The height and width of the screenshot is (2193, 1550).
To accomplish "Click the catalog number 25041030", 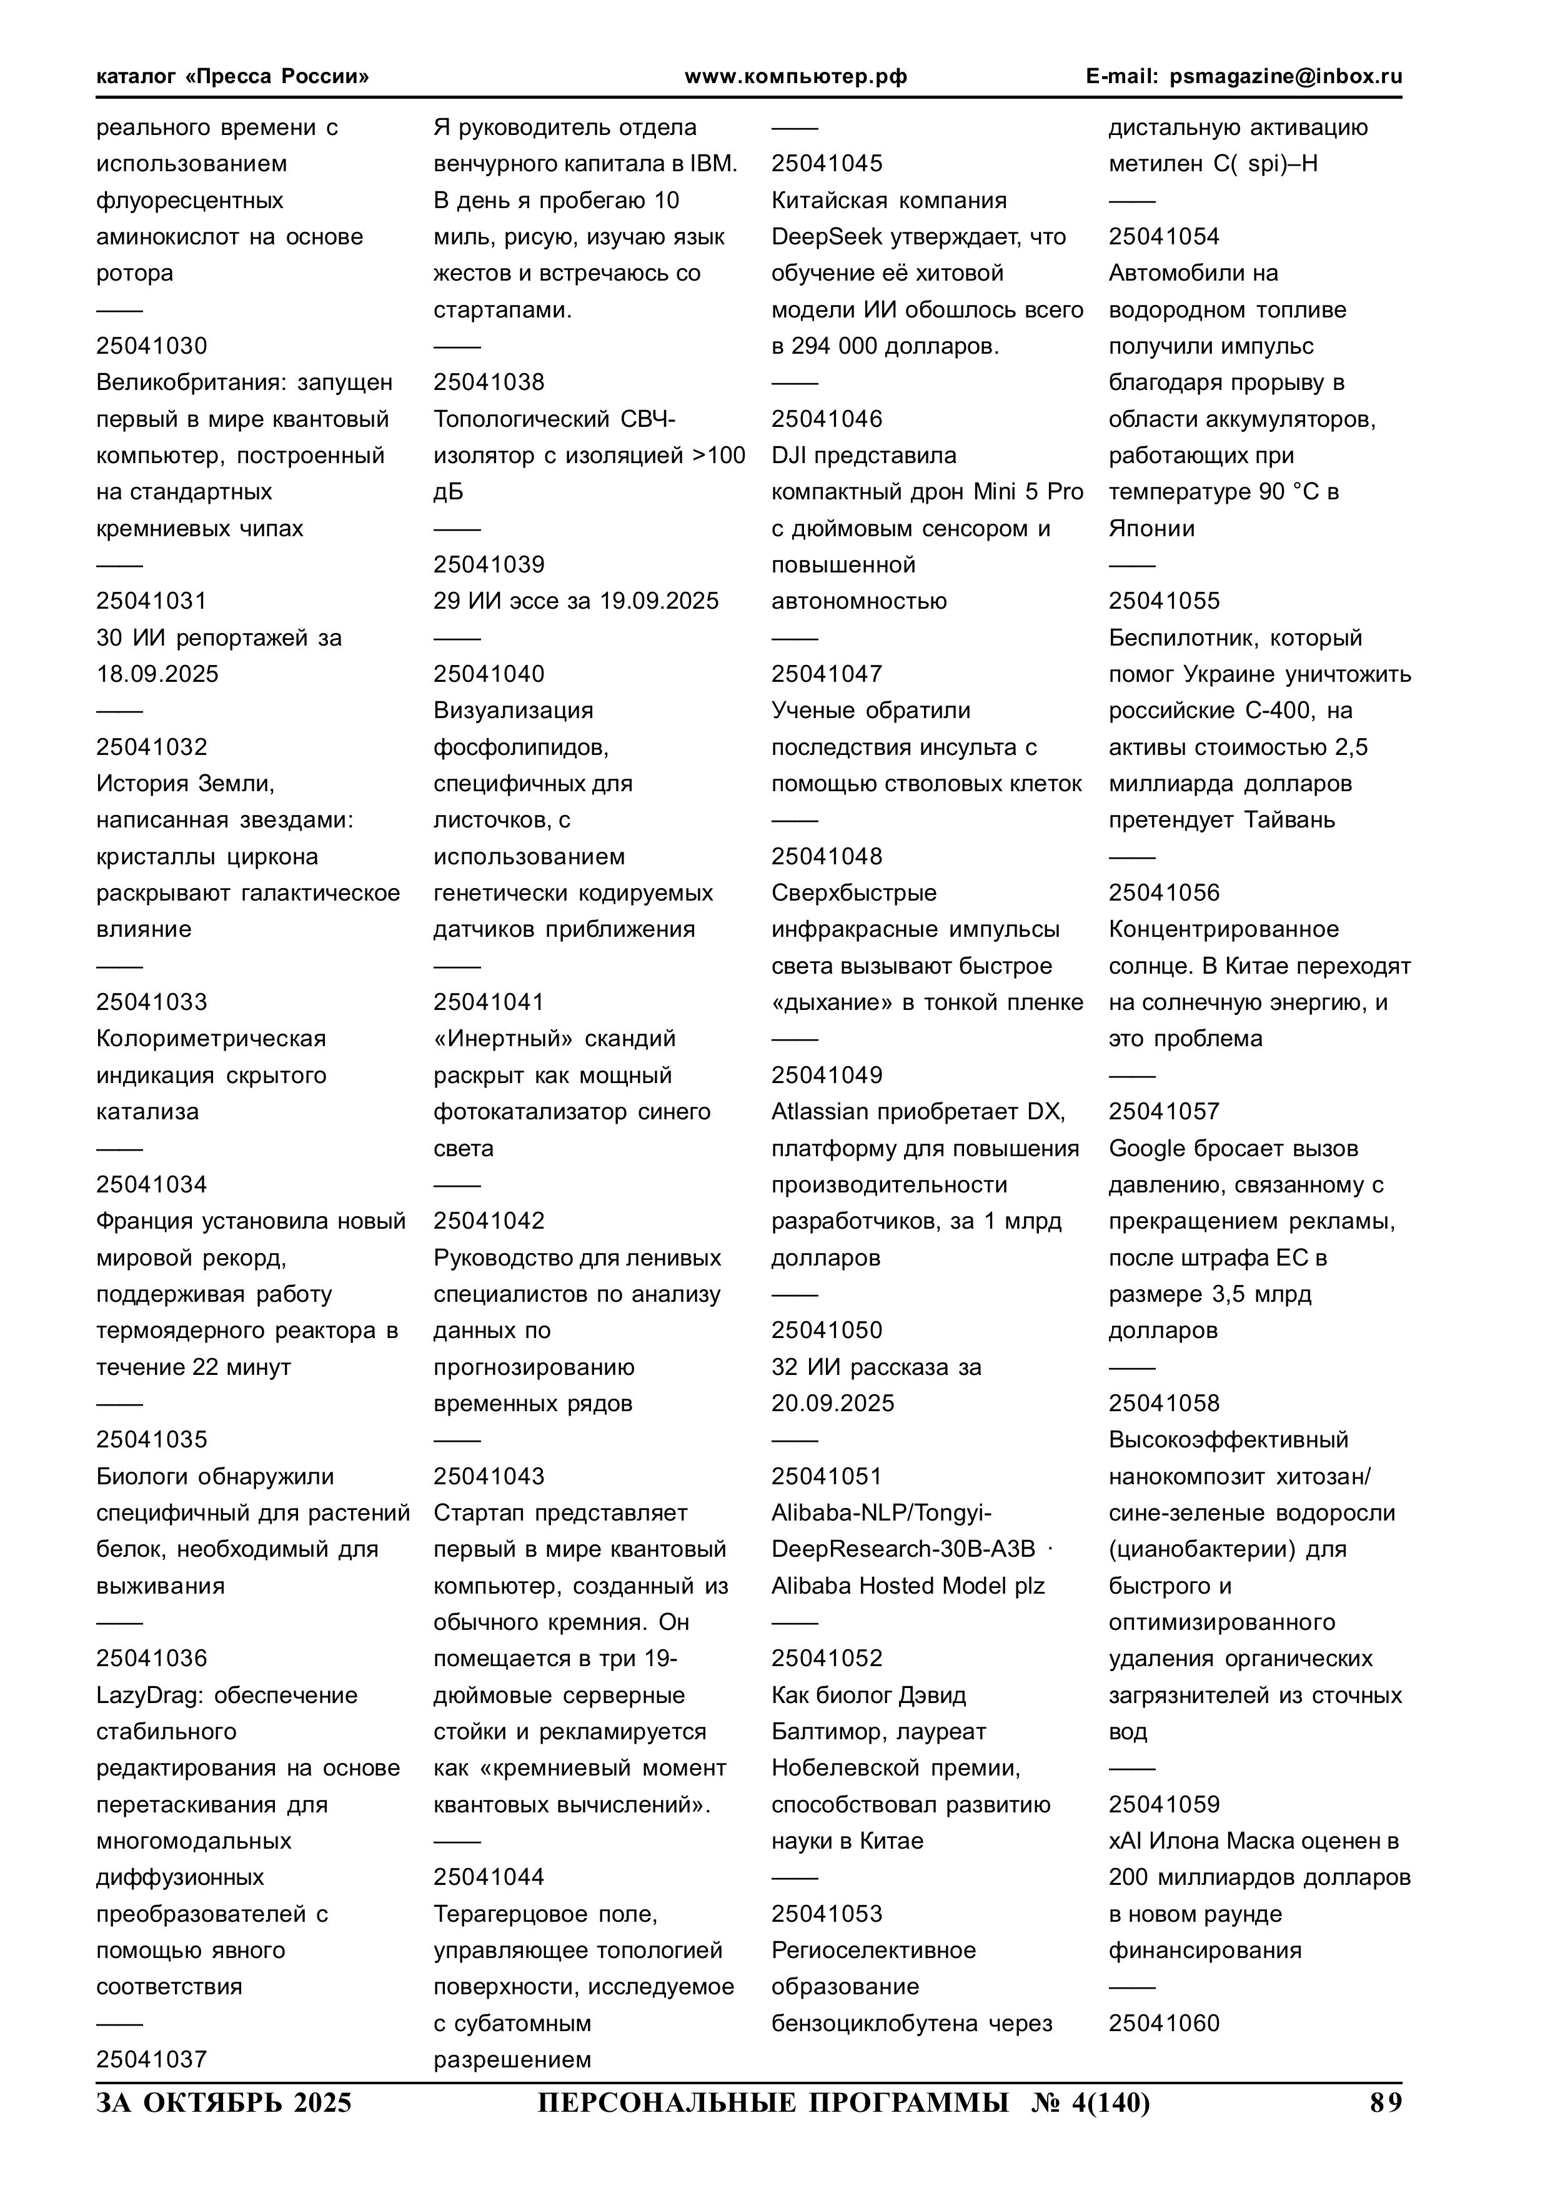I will coord(151,346).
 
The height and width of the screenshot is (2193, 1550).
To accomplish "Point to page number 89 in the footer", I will coord(1386,2102).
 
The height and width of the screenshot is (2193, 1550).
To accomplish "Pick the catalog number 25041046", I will coord(827,419).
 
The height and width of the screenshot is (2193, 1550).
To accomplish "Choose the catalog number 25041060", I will coord(1164,2023).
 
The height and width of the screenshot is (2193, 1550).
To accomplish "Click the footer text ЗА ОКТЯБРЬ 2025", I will coord(224,2102).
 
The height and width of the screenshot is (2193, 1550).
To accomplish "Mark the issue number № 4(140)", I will coord(1091,2102).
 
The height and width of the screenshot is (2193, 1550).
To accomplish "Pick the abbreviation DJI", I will coord(789,456).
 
